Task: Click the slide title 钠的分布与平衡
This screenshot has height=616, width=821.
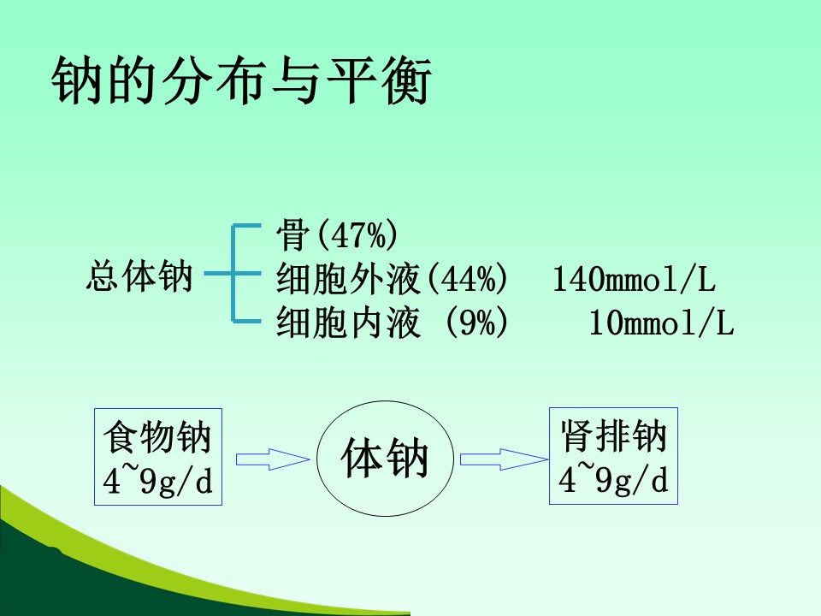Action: [241, 80]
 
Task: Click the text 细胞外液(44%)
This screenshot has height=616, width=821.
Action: [392, 278]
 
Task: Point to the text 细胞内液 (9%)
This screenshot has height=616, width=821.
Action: [392, 322]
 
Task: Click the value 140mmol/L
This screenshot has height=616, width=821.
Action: [634, 278]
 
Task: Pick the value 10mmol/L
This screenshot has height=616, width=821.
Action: [661, 322]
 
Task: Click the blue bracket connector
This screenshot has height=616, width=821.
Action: [233, 274]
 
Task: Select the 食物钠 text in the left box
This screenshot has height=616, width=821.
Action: [157, 437]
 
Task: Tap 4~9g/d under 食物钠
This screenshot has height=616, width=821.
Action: [157, 478]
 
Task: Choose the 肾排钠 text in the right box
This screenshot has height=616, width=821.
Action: [614, 435]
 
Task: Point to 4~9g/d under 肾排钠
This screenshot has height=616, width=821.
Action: [613, 477]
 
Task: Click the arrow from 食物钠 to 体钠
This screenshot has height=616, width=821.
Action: [273, 459]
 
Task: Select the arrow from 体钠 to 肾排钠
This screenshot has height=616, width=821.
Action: [505, 459]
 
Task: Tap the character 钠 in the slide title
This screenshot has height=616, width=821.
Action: [76, 80]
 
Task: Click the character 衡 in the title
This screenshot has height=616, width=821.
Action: [407, 80]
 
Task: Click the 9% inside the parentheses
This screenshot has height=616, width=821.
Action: [477, 322]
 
